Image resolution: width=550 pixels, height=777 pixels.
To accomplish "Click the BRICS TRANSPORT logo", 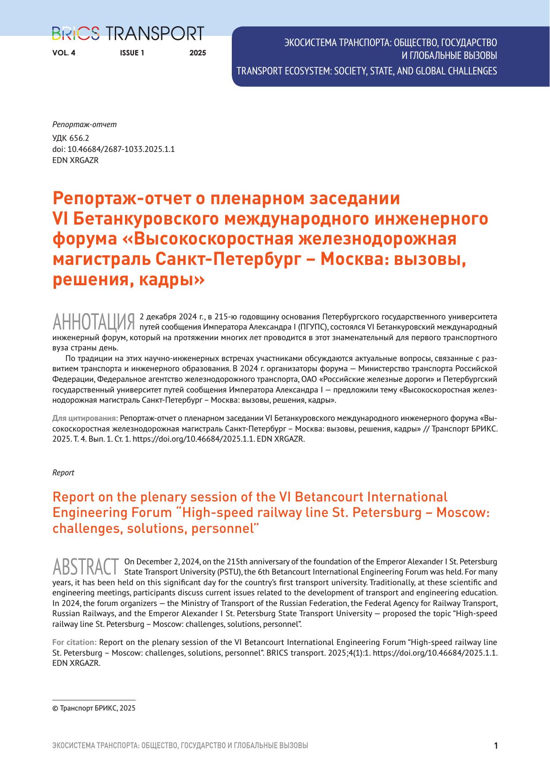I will tap(128, 34).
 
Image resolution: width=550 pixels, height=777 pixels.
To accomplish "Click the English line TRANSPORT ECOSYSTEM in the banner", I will tap(367, 71).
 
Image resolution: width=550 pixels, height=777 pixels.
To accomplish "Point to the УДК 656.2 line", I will tap(71, 138).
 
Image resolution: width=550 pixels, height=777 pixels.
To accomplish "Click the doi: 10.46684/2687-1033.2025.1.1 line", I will tap(113, 149).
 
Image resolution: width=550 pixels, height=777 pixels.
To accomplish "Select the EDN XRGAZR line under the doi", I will tap(75, 160).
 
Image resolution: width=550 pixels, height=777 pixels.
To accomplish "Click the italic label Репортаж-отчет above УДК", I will tap(84, 124).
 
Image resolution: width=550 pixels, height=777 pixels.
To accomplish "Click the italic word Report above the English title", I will tap(63, 473).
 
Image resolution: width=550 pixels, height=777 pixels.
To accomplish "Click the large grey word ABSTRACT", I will tap(86, 566).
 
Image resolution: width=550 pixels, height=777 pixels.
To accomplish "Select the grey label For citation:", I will tap(74, 642).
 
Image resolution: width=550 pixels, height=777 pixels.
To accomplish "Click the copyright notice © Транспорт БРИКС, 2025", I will tap(94, 708).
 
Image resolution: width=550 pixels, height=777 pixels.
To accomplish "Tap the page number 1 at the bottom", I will tap(496, 746).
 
